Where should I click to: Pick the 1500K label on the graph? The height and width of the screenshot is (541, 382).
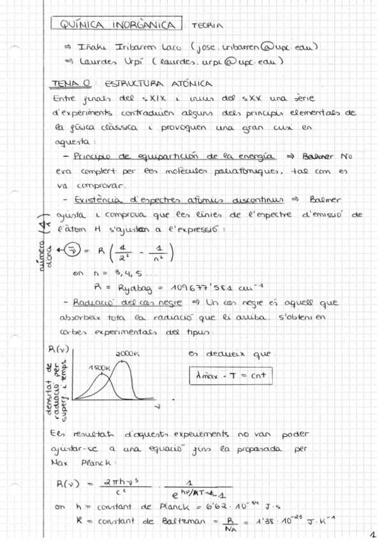coord(100,368)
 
